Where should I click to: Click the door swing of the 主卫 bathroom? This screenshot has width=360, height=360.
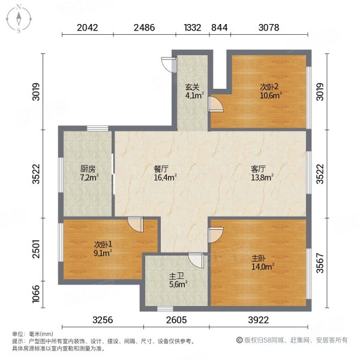click(x=195, y=260)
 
